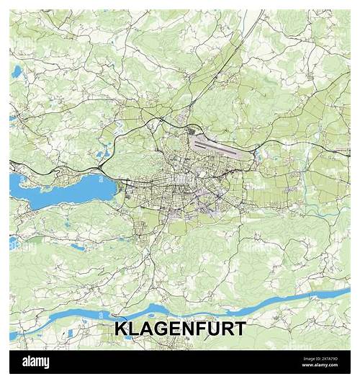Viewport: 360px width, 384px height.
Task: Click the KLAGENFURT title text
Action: tap(180, 329)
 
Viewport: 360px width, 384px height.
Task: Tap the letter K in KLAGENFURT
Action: tap(121, 329)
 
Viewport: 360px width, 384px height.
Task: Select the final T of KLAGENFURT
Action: tap(239, 329)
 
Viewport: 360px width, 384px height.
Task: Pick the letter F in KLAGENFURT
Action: tap(197, 329)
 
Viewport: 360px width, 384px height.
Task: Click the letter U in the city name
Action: tap(210, 329)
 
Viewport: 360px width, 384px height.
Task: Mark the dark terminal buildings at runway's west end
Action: tap(191, 133)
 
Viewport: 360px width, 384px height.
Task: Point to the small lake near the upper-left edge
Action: tap(16, 71)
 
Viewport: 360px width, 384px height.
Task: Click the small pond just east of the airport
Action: tap(256, 152)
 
